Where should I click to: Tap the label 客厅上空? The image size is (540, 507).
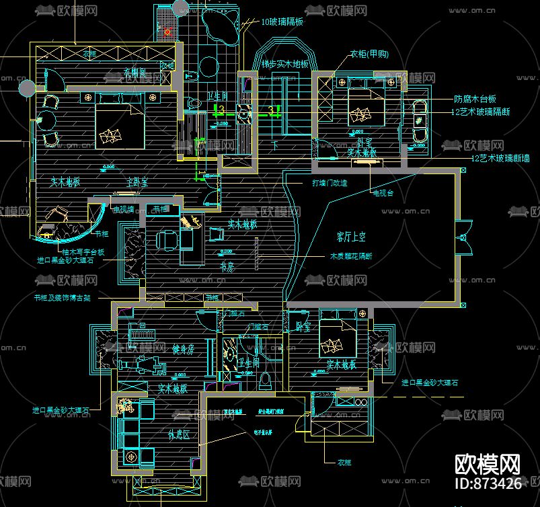[x=351, y=237]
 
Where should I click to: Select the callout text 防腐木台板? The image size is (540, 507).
[x=475, y=99]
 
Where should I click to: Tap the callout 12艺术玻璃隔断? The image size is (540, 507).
[x=481, y=112]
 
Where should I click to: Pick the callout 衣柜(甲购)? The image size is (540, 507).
[x=373, y=55]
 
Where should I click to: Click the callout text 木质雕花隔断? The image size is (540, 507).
[x=350, y=256]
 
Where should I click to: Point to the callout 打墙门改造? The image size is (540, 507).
[x=329, y=183]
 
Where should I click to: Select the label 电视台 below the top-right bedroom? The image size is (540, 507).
[x=383, y=193]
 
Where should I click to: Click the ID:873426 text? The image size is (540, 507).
[x=488, y=482]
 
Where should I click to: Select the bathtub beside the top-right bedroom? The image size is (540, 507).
[x=419, y=122]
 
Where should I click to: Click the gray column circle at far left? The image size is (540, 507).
[x=28, y=87]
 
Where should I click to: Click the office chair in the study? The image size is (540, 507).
[x=166, y=239]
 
